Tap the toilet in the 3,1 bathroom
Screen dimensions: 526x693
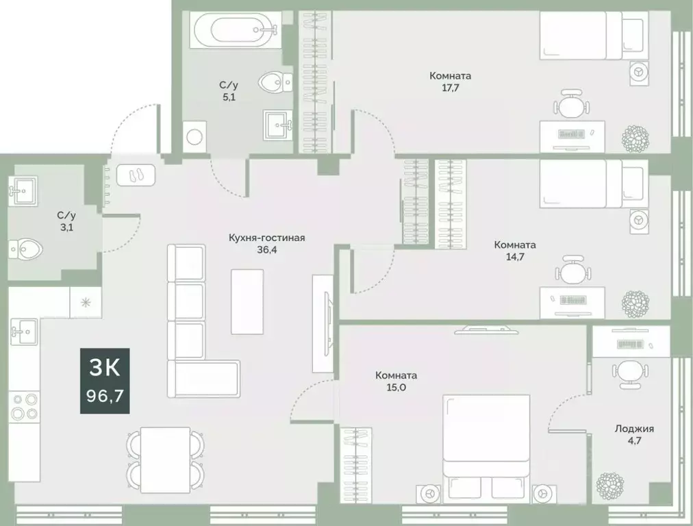click(24, 247)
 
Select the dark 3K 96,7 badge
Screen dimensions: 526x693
click(105, 381)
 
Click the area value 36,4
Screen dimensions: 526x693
click(266, 250)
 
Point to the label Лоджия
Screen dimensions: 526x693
click(633, 429)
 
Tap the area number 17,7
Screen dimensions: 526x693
click(450, 87)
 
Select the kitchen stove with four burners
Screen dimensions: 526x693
click(24, 406)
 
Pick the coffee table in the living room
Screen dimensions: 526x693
click(247, 301)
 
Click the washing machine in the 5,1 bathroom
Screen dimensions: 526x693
click(195, 134)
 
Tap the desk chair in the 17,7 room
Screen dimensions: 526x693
click(571, 105)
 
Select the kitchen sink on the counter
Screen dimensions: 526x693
click(23, 331)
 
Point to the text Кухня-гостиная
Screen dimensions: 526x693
click(266, 238)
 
